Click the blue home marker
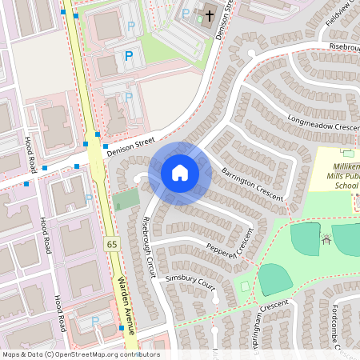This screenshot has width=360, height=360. point(180,173)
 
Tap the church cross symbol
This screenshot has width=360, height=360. point(210,14)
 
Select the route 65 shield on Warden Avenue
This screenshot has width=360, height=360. point(110,242)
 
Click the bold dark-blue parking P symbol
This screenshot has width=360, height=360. point(128,56)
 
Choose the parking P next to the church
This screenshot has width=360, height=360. point(186,13)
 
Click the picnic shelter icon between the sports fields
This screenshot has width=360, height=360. point(326,238)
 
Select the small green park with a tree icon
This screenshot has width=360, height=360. point(125,200)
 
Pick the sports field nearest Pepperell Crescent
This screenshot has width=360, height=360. point(274,279)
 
